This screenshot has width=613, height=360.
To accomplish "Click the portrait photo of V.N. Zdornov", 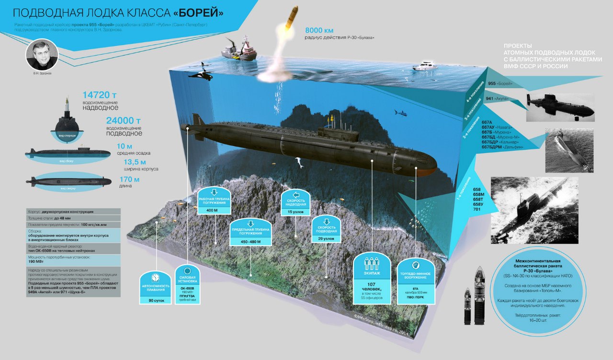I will [x=42, y=54].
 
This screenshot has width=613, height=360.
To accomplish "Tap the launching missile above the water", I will [x=291, y=18].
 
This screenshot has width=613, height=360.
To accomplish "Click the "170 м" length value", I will [x=129, y=180].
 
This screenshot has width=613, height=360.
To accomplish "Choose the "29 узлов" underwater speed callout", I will [x=326, y=238].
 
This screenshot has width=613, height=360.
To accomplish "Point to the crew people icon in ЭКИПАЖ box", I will [x=372, y=264].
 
